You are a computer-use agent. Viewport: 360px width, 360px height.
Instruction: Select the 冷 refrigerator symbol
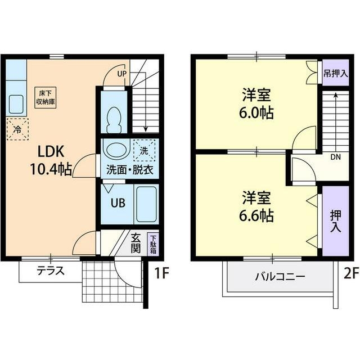pyautogui.click(x=17, y=129)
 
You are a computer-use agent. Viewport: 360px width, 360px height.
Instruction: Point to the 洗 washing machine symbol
pyautogui.click(x=143, y=150)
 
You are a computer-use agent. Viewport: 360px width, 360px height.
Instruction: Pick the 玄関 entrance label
pyautogui.click(x=136, y=243)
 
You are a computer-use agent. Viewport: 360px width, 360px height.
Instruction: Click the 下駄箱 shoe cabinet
pyautogui.click(x=152, y=244)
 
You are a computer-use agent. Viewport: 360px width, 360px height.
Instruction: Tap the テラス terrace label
pyautogui.click(x=50, y=271)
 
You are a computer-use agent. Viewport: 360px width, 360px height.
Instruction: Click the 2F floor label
pyautogui.click(x=350, y=274)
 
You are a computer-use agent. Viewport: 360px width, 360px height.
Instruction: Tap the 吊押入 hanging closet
pyautogui.click(x=335, y=74)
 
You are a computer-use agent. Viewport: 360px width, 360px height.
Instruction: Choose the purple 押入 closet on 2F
pyautogui.click(x=335, y=220)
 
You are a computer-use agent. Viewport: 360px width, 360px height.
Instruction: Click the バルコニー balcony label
pyautogui.click(x=280, y=277)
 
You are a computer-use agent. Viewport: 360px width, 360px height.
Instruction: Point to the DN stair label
pyautogui.click(x=335, y=157)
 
